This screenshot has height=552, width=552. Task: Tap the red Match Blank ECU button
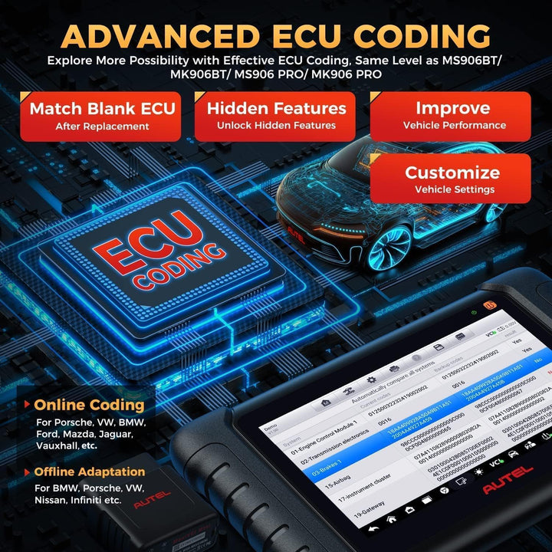[102, 115]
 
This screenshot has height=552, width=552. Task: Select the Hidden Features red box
[276, 115]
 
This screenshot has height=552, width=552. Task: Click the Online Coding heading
[88, 405]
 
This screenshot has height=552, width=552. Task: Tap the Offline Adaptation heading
[89, 472]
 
